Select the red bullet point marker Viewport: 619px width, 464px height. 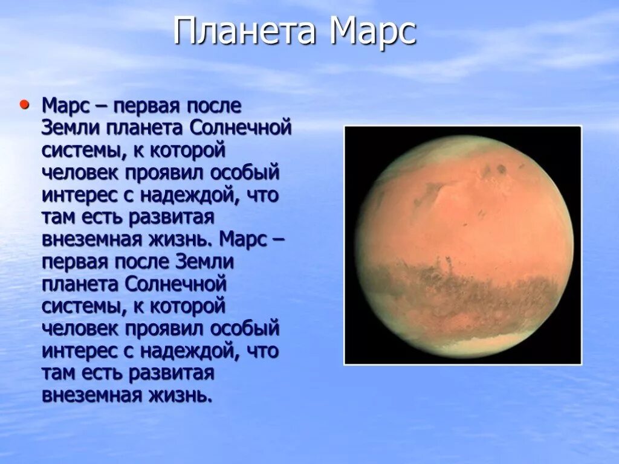pyautogui.click(x=25, y=105)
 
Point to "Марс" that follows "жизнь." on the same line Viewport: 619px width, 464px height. pyautogui.click(x=244, y=239)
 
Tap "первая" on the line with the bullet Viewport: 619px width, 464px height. pyautogui.click(x=143, y=106)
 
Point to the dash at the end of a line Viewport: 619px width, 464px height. pyautogui.click(x=277, y=239)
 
